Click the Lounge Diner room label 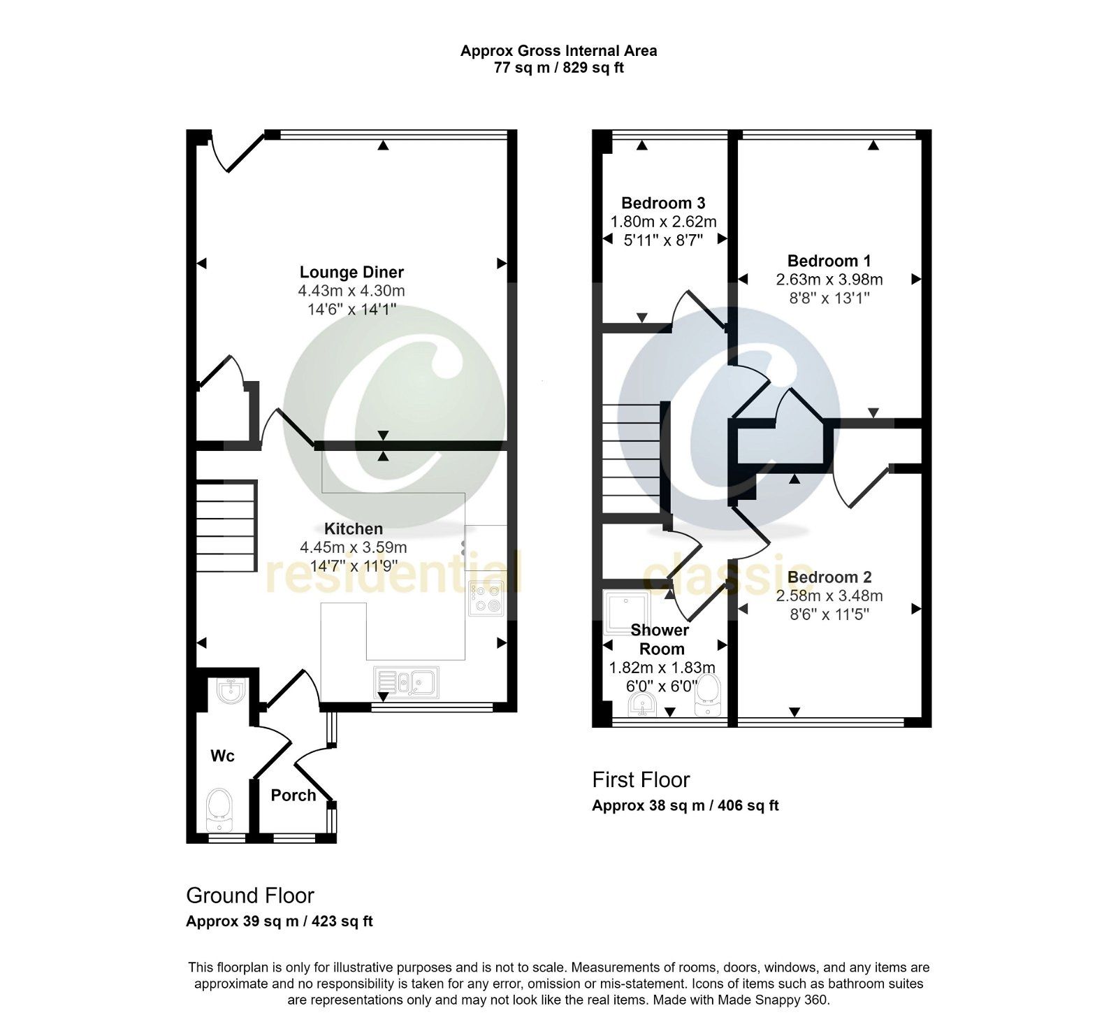(351, 272)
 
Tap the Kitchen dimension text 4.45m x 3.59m (354, 547)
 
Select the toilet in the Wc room (219, 808)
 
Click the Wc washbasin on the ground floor (230, 691)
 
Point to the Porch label (293, 795)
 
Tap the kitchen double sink (407, 682)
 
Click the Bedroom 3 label (663, 203)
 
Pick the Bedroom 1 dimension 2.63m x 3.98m (829, 280)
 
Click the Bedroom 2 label (829, 577)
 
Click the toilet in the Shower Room (709, 695)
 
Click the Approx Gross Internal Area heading (558, 50)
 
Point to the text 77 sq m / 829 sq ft (558, 68)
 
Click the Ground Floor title (250, 895)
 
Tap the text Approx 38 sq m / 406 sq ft (685, 805)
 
